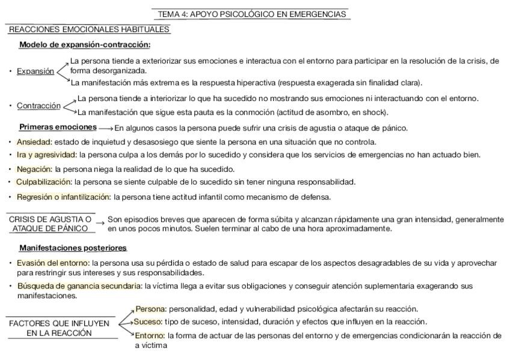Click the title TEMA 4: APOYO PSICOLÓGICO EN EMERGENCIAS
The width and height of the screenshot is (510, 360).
[252, 14]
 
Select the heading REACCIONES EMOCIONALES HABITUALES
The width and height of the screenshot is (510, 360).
[89, 29]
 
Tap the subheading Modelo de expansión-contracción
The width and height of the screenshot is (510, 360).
[85, 44]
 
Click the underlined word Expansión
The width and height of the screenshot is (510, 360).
[35, 71]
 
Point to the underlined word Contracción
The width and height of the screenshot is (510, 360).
[38, 106]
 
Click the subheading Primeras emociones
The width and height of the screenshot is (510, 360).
[58, 127]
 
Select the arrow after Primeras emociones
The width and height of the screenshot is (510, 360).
[105, 128]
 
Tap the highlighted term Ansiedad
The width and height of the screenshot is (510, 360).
[34, 142]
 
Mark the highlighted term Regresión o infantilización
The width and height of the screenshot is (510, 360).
[63, 197]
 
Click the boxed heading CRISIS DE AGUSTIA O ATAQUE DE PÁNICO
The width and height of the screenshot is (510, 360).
[51, 224]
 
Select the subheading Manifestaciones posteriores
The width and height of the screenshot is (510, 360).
[73, 248]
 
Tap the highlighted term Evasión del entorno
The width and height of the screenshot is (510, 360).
[53, 263]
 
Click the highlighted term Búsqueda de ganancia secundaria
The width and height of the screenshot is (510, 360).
[78, 285]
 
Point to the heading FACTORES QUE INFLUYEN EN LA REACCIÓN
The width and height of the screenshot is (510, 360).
[59, 328]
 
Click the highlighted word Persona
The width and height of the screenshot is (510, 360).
[150, 309]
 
